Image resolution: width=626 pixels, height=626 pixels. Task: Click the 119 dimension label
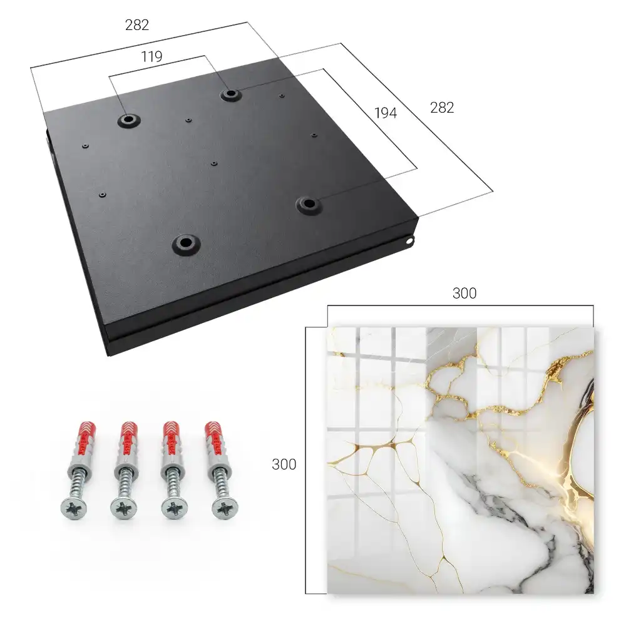(151, 57)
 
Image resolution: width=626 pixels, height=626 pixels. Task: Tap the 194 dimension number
(386, 113)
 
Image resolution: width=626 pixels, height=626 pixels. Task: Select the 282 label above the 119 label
(137, 25)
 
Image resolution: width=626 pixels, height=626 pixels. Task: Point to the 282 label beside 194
(442, 108)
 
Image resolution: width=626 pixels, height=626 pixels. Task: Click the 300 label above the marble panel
(464, 294)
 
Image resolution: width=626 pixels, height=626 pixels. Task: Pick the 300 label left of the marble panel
(284, 464)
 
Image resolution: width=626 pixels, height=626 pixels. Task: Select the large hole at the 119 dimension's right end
(230, 95)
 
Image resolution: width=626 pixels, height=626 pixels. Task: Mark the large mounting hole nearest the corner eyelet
(308, 205)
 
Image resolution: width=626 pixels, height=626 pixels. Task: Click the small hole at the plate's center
(214, 163)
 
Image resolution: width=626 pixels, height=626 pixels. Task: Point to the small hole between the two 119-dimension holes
(188, 120)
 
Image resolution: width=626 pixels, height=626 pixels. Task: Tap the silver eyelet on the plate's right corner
(411, 241)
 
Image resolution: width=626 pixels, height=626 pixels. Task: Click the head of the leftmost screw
(74, 508)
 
